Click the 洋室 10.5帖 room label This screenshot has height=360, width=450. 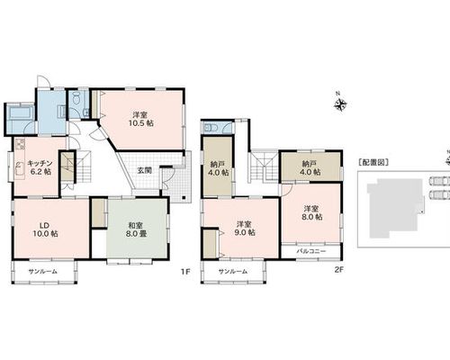pyautogui.click(x=141, y=119)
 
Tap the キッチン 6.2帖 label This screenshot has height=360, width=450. pyautogui.click(x=40, y=167)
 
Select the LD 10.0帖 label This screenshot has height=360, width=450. pyautogui.click(x=45, y=229)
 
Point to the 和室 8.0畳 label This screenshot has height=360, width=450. pyautogui.click(x=136, y=229)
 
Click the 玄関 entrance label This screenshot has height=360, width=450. pyautogui.click(x=144, y=170)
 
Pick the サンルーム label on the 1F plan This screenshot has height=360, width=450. pyautogui.click(x=42, y=272)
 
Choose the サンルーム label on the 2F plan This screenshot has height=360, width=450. pyautogui.click(x=233, y=272)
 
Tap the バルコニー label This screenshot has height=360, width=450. pyautogui.click(x=311, y=251)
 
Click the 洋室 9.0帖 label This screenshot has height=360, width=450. pyautogui.click(x=245, y=229)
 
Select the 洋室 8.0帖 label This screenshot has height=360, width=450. pyautogui.click(x=312, y=212)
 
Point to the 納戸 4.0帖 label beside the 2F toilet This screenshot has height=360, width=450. pyautogui.click(x=218, y=169)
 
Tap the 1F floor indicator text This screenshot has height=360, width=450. pyautogui.click(x=185, y=272)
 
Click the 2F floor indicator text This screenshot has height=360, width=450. pyautogui.click(x=338, y=270)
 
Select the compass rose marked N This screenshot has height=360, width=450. pyautogui.click(x=340, y=104)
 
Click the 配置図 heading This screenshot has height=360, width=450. pyautogui.click(x=373, y=162)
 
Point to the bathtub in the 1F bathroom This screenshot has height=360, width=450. pyautogui.click(x=21, y=113)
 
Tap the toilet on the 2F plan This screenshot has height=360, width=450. pyautogui.click(x=211, y=128)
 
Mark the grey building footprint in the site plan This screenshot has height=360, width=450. pyautogui.click(x=394, y=207)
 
